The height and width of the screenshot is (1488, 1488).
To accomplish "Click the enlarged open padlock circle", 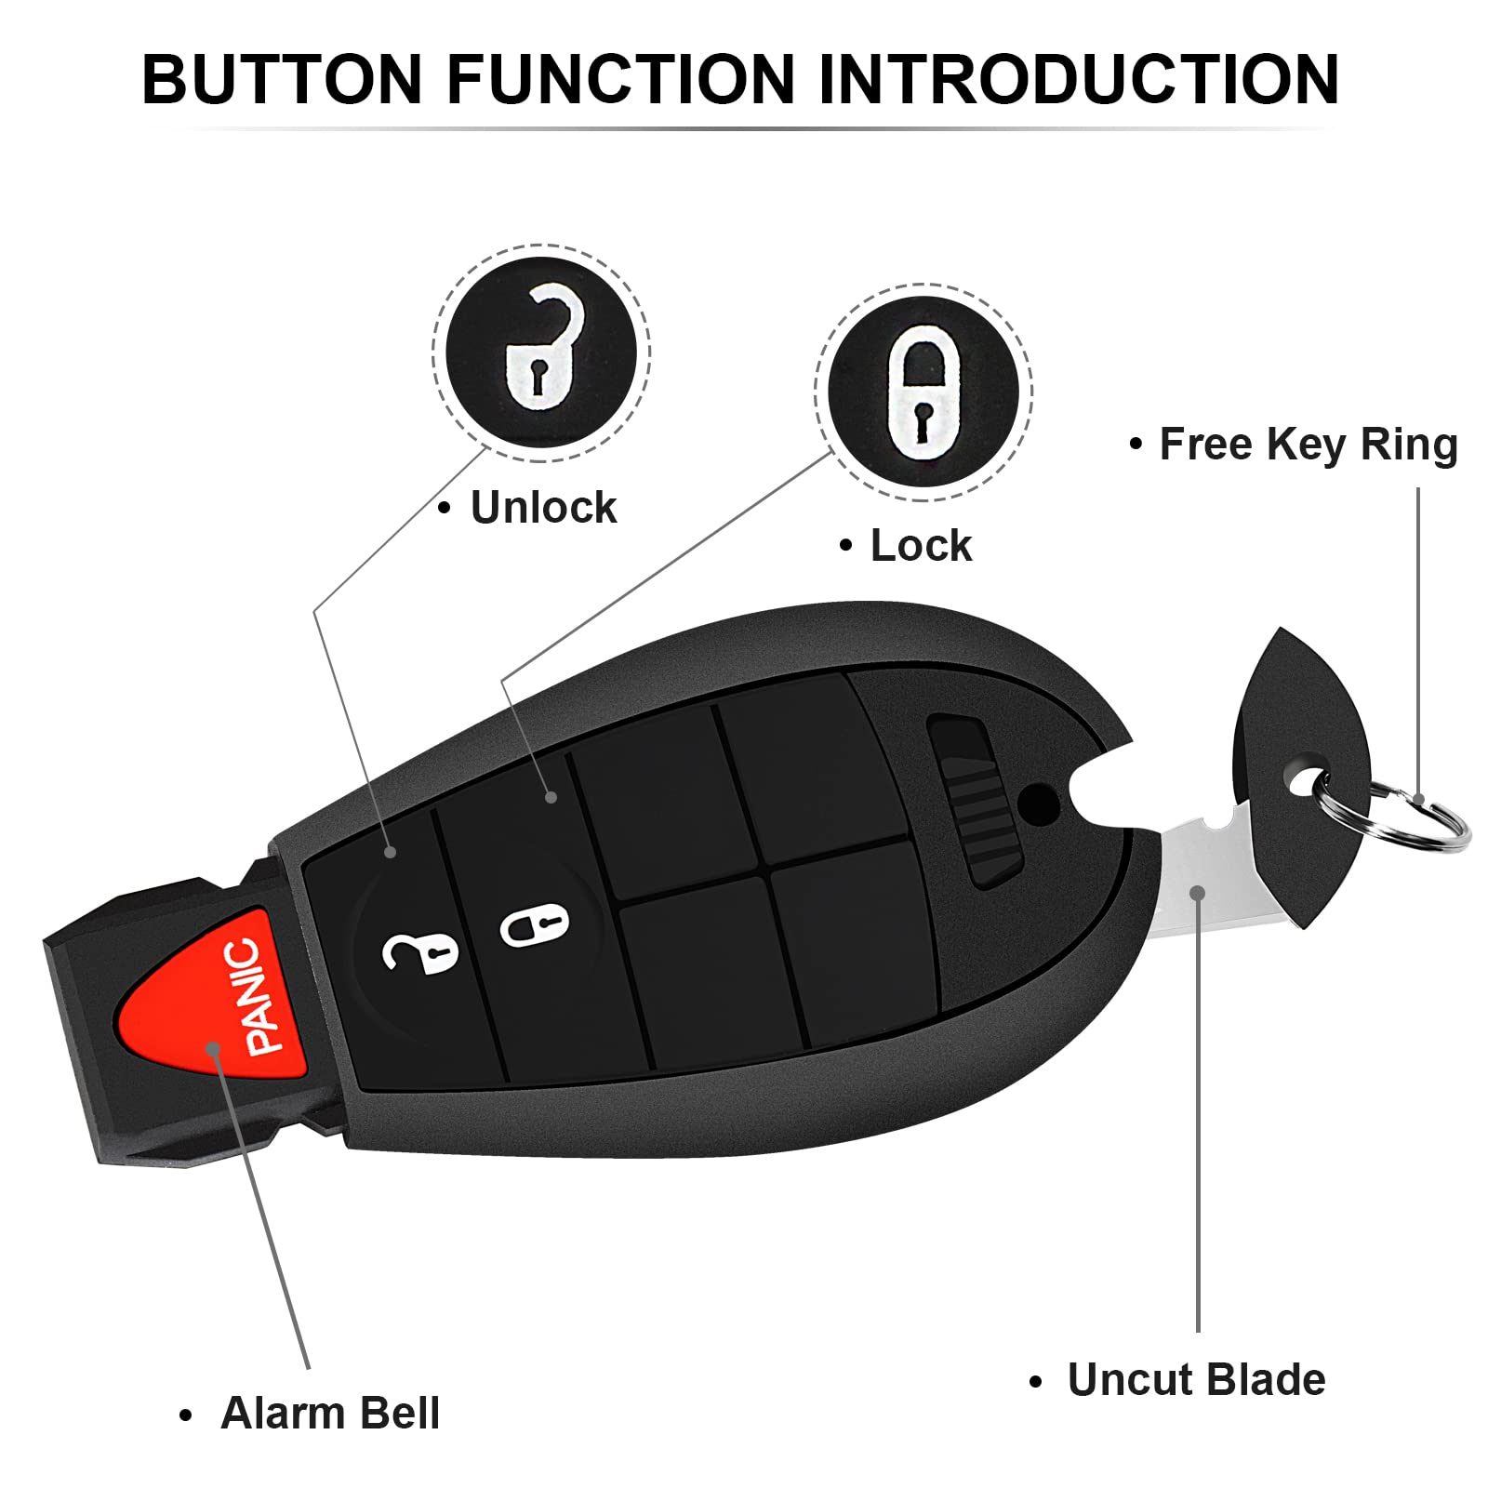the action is coord(541,352).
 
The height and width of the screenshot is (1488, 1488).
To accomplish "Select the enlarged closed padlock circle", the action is coord(923,392).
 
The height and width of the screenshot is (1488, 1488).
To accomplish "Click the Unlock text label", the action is coord(543,508).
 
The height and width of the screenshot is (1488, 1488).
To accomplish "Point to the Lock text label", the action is coord(920,546).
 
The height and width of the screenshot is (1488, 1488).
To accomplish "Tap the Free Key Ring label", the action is coord(1307,445).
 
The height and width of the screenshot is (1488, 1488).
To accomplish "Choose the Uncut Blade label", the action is coord(1195,1379).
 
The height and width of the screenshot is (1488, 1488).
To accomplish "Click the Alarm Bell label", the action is coord(329,1413).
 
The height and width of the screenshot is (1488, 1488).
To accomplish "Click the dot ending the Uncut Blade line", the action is coord(1198,893).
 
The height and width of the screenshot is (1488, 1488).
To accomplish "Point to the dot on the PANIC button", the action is coord(213,1048).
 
